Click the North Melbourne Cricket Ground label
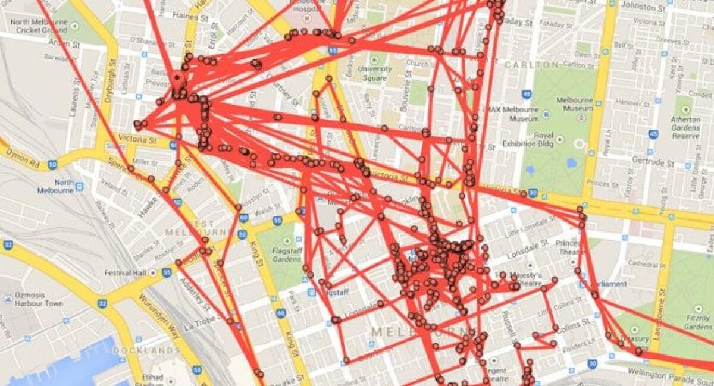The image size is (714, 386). (x=36, y=26)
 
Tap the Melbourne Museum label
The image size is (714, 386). (x=574, y=105)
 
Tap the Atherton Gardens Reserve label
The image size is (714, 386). (x=685, y=127)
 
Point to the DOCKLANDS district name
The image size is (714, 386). (x=146, y=350)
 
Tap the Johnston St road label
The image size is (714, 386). (x=642, y=7)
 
